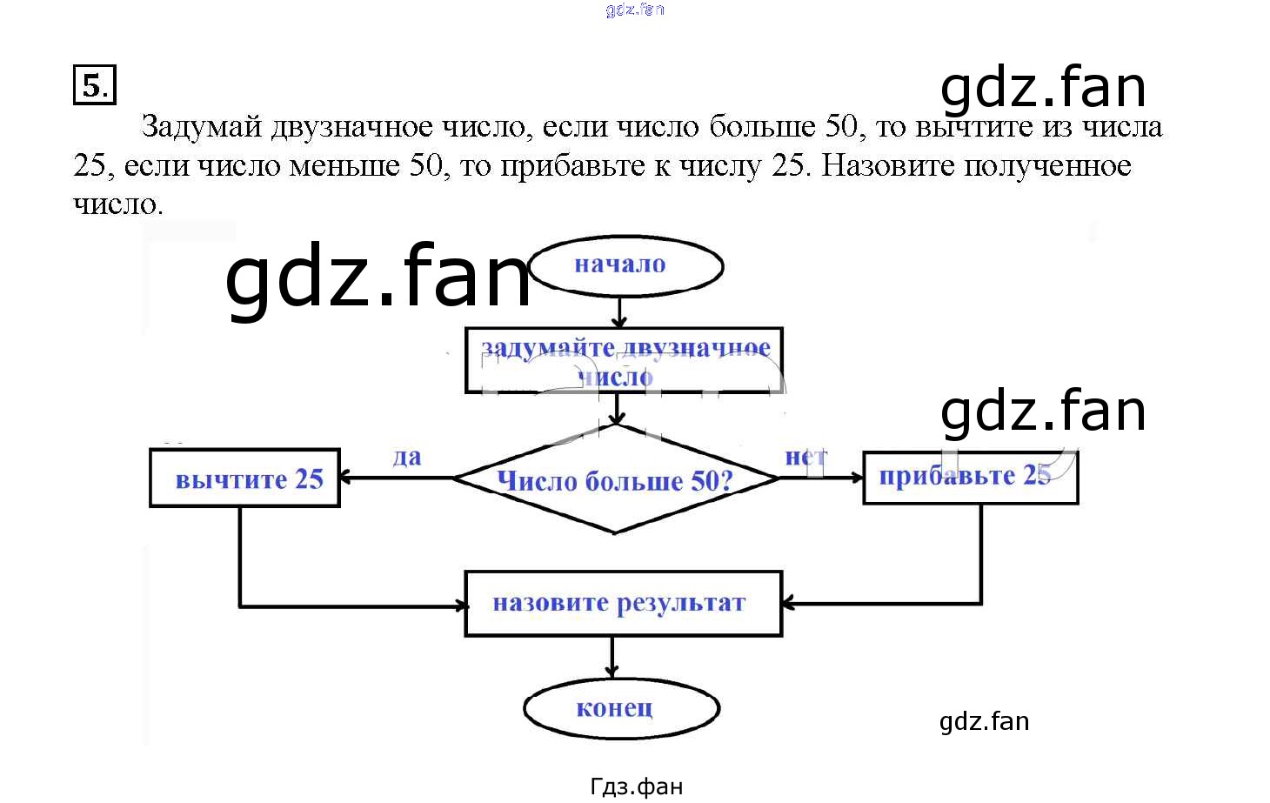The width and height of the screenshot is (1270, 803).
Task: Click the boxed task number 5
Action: (x=94, y=85)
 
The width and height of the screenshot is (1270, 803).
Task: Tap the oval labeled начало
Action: (x=625, y=265)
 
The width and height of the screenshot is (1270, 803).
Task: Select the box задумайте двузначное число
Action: (x=624, y=360)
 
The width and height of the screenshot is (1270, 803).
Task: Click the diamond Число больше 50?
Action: (x=615, y=479)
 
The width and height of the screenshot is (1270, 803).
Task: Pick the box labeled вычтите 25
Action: (x=244, y=478)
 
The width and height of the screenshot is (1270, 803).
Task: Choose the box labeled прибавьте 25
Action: (x=970, y=477)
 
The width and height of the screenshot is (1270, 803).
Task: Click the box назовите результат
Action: (x=623, y=603)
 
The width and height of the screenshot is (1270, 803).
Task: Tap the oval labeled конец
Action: (x=621, y=708)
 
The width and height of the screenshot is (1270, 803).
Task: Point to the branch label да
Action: (x=406, y=457)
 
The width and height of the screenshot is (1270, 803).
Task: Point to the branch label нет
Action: (x=805, y=457)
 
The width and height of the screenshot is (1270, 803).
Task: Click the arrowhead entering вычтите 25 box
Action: (x=345, y=478)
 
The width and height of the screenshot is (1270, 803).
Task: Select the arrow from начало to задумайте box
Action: (x=618, y=310)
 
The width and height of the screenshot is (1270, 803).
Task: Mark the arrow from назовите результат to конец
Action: (x=612, y=657)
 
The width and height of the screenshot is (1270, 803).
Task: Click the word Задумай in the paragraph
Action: (x=201, y=127)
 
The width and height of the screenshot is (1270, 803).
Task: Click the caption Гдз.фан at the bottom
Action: (x=636, y=787)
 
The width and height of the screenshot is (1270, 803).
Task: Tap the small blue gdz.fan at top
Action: (x=635, y=10)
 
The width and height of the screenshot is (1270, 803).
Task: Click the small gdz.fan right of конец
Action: (x=984, y=721)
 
